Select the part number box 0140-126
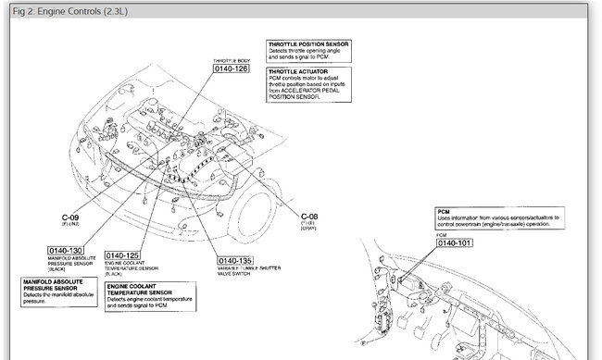pos(229,68)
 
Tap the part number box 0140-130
pos(66,250)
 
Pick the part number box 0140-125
pos(123,255)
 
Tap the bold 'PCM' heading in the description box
pos(444,211)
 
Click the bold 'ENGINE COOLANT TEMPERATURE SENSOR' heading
pos(139,291)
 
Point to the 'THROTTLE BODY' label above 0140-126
pos(229,57)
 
